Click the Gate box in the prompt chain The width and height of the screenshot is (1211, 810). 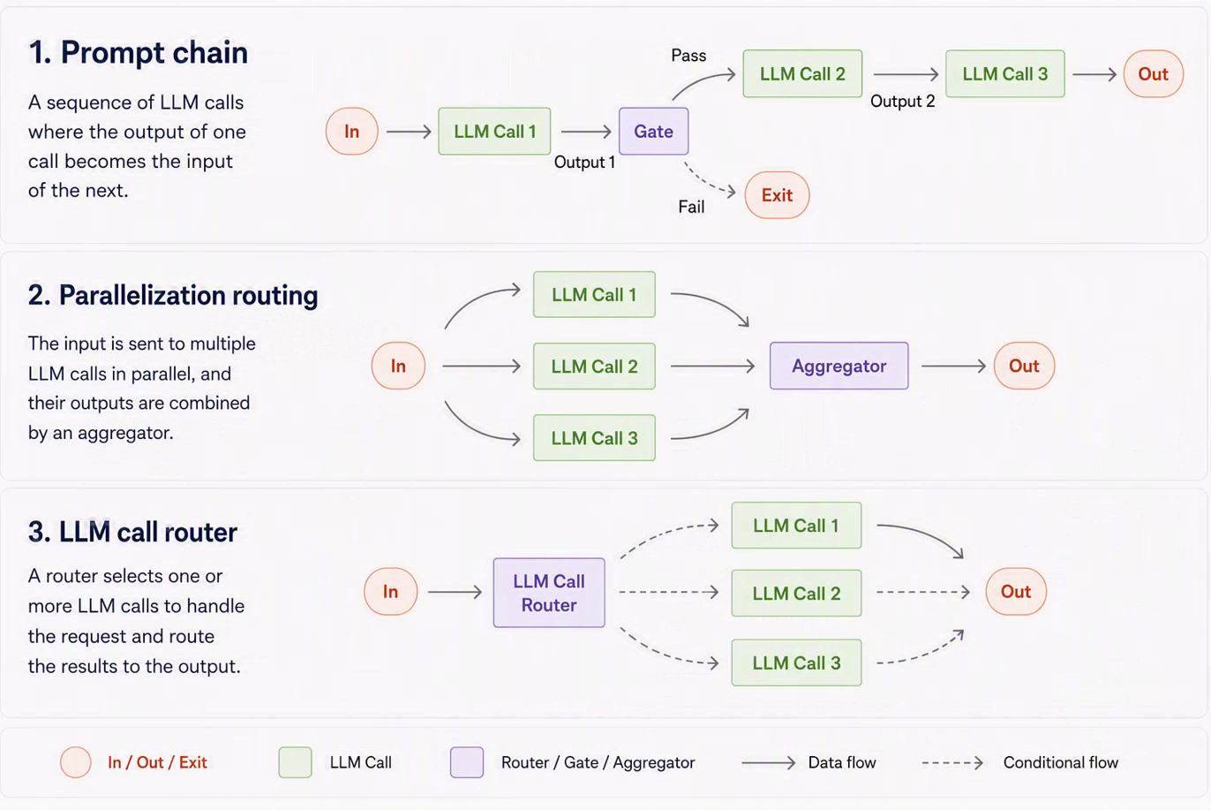coord(653,132)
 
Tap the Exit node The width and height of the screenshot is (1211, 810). coord(777,195)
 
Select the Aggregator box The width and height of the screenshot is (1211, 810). coord(839,366)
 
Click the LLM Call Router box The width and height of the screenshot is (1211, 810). coord(549,593)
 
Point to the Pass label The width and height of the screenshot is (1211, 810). coord(688,55)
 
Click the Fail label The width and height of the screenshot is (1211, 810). coord(691,207)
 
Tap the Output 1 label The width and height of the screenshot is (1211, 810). coord(584,163)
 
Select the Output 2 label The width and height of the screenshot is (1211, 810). coord(902,102)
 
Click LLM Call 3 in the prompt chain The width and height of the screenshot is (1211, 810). coord(1005,73)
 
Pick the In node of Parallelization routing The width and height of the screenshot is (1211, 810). coord(398,366)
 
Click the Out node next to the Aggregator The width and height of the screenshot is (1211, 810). coord(1024,366)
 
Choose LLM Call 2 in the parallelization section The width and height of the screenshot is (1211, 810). coord(594,367)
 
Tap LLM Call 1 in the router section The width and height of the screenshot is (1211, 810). coord(796,526)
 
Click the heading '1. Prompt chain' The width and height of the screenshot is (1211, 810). coord(138,52)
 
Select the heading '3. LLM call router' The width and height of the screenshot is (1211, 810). coord(132,532)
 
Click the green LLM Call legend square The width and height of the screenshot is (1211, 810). coord(295,762)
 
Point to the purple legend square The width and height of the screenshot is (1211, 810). coord(467,762)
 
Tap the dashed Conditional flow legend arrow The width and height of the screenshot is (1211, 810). coord(952,763)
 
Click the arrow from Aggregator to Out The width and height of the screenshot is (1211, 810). coord(953,367)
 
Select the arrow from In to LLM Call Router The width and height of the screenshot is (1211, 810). coord(455,592)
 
